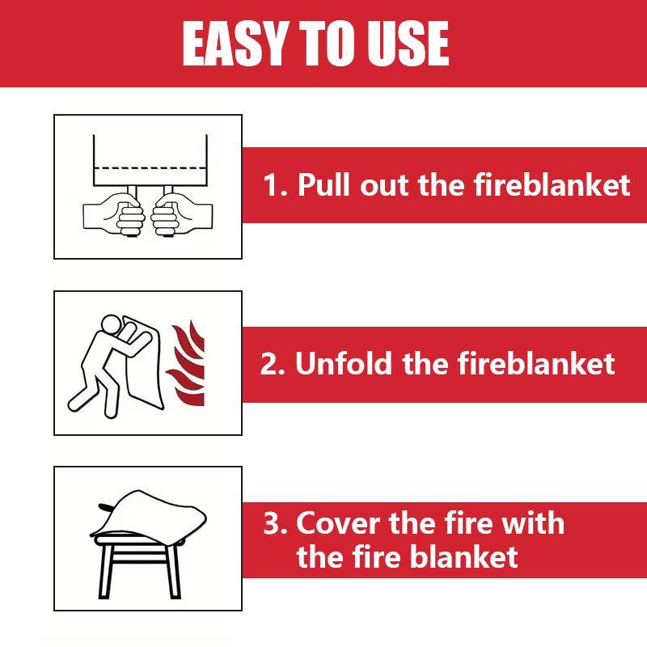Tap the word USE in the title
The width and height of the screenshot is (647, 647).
[x=408, y=44]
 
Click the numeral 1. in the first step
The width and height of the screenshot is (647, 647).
[x=277, y=185]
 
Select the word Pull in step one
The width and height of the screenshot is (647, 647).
[x=324, y=185]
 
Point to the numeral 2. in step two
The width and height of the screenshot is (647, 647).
[x=273, y=364]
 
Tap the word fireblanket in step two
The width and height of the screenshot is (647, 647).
[x=536, y=364]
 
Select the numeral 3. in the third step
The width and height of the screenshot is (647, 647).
[x=276, y=523]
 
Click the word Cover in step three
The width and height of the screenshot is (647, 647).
[x=339, y=523]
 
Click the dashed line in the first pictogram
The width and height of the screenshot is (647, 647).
[x=150, y=167]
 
